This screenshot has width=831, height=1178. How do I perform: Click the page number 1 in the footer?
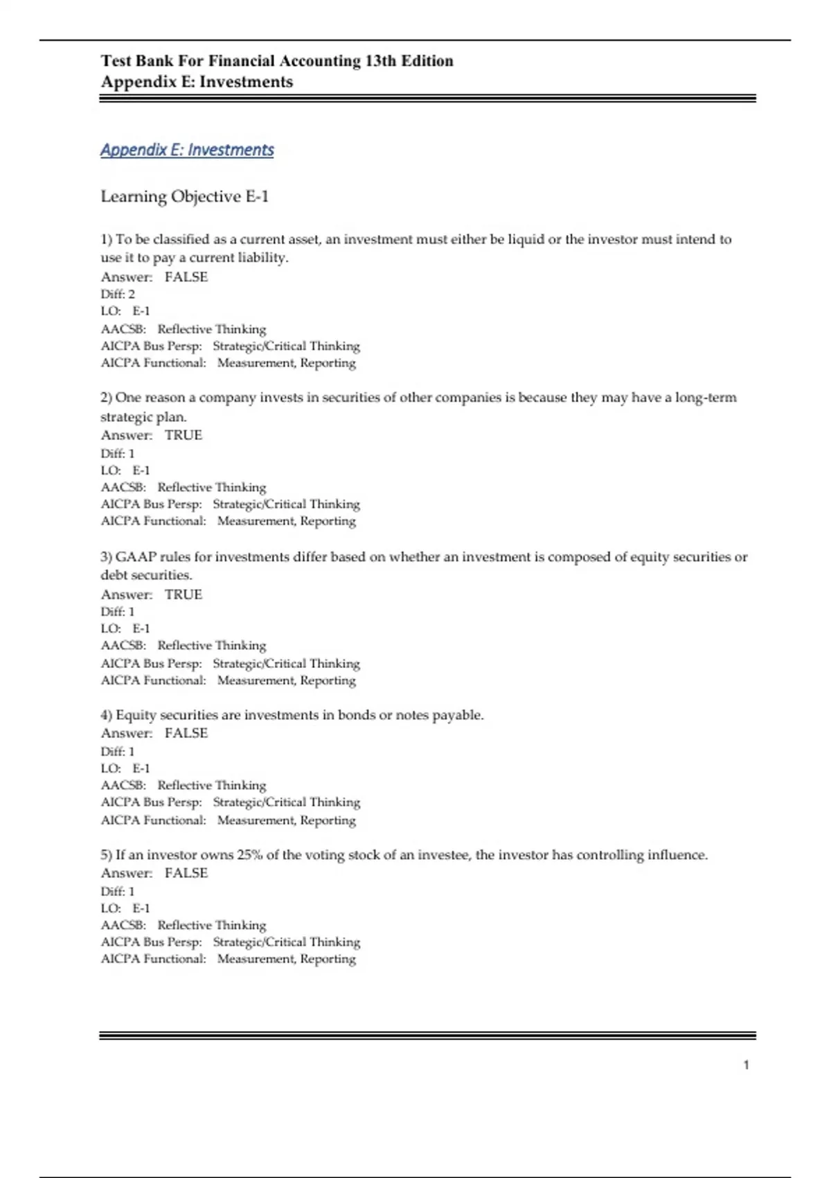[746, 1065]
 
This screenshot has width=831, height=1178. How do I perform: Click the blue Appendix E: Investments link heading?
[187, 150]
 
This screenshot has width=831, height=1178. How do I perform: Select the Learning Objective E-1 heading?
[184, 197]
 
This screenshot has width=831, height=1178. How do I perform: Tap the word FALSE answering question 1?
[186, 277]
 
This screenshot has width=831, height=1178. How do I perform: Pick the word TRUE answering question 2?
[183, 435]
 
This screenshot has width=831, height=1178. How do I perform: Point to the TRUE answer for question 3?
[183, 595]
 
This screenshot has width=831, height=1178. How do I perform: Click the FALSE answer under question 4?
[186, 733]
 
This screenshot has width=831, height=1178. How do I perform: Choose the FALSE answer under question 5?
[186, 873]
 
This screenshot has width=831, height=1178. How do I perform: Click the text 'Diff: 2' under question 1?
[118, 294]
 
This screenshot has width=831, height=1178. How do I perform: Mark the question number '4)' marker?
[107, 715]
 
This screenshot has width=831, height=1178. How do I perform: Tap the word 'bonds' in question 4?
[356, 715]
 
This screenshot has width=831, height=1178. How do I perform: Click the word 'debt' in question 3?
[113, 575]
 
